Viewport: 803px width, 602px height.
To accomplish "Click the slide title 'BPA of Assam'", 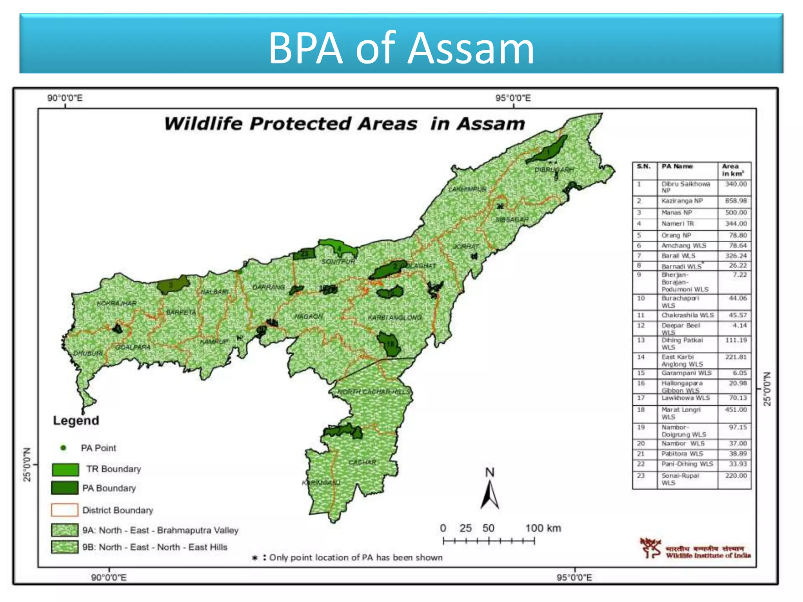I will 401,48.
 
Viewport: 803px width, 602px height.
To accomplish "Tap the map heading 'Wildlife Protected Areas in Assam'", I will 344,124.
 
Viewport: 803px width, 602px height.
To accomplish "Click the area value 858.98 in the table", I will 736,201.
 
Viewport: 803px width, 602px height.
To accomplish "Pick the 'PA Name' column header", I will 677,167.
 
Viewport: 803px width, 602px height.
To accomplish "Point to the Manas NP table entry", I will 677,212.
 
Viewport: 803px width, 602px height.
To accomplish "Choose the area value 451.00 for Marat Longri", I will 736,410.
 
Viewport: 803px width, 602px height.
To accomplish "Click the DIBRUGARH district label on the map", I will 554,170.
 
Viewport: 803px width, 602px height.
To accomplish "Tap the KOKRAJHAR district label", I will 116,303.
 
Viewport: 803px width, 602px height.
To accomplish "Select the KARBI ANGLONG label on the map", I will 394,317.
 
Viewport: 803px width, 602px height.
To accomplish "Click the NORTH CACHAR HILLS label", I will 374,392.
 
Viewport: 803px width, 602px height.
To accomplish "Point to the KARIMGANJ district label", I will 321,482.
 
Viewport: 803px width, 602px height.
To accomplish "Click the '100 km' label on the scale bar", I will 543,528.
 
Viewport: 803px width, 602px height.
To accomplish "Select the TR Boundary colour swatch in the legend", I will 65,469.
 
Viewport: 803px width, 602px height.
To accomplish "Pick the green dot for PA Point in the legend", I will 63,448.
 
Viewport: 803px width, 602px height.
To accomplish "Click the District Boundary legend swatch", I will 65,510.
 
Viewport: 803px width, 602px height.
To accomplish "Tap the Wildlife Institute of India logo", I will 650,548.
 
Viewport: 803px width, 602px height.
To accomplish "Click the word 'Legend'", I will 76,421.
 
